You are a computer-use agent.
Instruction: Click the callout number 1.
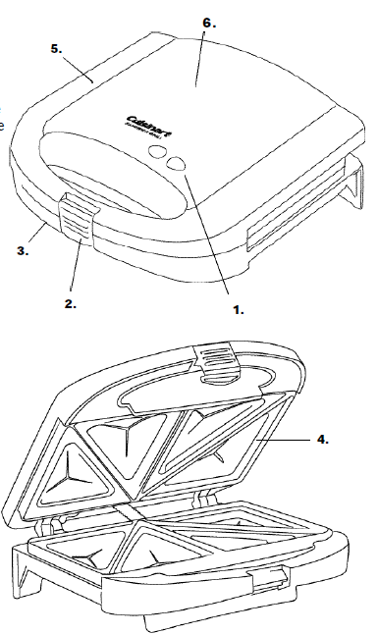click(x=238, y=308)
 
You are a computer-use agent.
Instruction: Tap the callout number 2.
click(x=71, y=303)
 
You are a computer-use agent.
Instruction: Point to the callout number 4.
click(x=321, y=441)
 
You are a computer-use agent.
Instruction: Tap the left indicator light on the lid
click(x=156, y=151)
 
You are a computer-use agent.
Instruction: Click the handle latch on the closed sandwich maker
click(x=77, y=215)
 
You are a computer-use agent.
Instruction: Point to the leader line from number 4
click(x=286, y=442)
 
